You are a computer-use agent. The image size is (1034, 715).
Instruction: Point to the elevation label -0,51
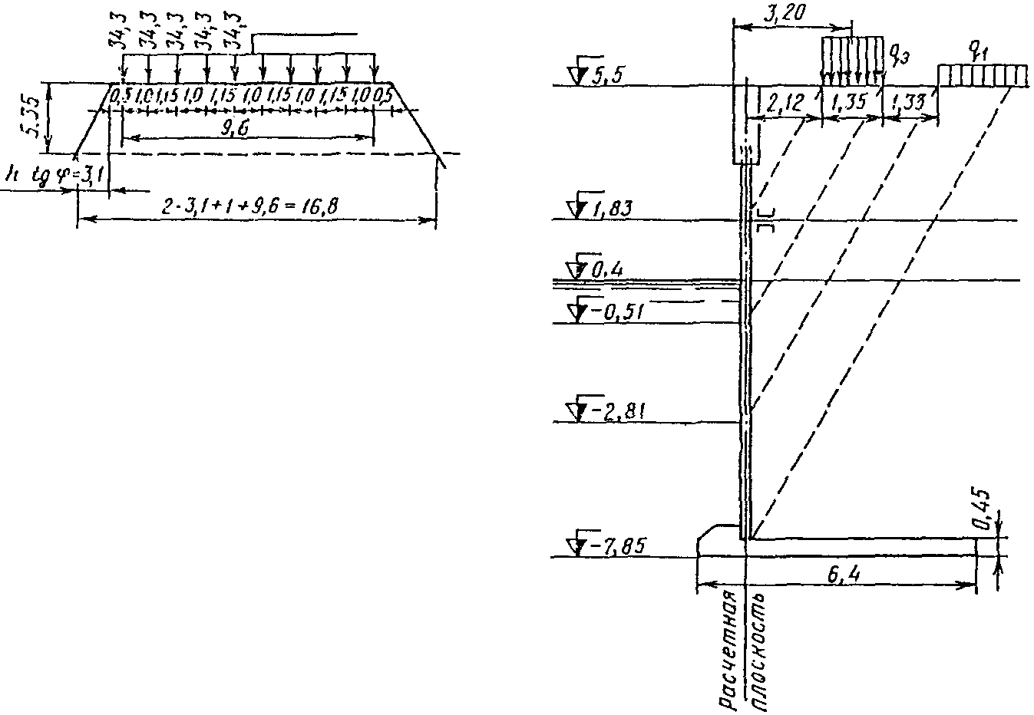[616, 311]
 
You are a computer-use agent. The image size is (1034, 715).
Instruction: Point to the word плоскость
[758, 651]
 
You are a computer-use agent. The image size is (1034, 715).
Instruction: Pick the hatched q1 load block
[982, 75]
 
